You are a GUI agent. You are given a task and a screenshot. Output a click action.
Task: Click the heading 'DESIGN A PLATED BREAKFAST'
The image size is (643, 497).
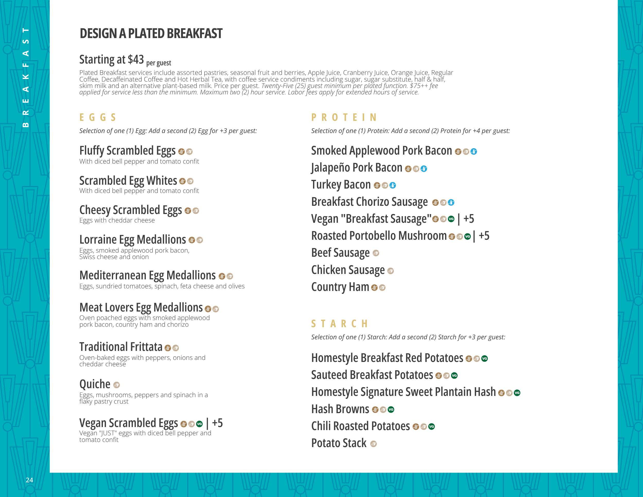(x=151, y=33)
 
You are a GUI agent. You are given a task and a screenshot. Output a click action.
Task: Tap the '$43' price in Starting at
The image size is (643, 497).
(x=136, y=60)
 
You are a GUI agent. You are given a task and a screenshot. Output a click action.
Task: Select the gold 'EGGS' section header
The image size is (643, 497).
(x=98, y=117)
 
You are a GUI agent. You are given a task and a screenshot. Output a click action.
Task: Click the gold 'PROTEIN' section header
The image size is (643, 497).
(x=344, y=117)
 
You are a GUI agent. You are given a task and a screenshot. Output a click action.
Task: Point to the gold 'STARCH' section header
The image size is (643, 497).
(x=340, y=324)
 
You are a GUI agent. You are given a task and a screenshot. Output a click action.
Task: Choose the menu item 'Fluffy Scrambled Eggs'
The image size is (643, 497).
(x=127, y=151)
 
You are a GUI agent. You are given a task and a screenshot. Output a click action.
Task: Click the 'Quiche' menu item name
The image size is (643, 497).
(x=95, y=384)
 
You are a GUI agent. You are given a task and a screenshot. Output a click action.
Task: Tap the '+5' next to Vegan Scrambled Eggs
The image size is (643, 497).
(x=217, y=423)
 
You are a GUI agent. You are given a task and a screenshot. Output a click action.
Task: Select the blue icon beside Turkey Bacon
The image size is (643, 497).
(x=392, y=185)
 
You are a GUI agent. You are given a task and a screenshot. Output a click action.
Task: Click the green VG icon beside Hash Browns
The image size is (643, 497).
(x=391, y=410)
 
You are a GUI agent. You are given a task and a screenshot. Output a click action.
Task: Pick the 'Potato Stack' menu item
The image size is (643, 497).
(x=339, y=443)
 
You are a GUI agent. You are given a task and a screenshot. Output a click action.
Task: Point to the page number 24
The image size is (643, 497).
(x=29, y=480)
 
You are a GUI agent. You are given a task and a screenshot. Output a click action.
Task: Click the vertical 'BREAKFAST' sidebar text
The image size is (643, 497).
(x=26, y=77)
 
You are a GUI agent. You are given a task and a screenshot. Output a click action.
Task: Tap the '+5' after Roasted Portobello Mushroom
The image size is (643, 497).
(x=484, y=236)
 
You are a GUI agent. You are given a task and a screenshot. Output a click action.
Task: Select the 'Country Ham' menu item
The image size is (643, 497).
(x=340, y=287)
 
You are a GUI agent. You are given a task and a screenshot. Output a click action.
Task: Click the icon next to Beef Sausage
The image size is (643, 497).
(x=376, y=253)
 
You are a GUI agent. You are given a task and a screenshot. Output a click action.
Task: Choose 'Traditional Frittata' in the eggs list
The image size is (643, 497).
(x=121, y=347)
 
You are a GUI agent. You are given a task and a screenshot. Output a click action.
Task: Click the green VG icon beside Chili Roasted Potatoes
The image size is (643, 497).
(x=432, y=426)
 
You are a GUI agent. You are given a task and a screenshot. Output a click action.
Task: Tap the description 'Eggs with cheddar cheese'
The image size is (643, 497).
(x=117, y=220)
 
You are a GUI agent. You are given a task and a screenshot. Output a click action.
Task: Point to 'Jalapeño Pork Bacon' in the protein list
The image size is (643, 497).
(x=356, y=168)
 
